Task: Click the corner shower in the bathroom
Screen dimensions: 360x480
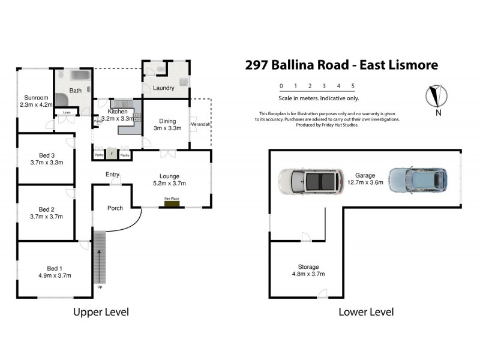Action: [x=62, y=100]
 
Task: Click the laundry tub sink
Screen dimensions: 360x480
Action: [x=184, y=81]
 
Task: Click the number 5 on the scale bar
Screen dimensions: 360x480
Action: [x=353, y=86]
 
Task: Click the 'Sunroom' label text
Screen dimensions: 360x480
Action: [x=35, y=97]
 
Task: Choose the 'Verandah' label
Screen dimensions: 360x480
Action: [x=200, y=125]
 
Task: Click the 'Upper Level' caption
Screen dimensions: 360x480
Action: [x=101, y=312]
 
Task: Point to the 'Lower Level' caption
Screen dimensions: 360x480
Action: [x=366, y=312]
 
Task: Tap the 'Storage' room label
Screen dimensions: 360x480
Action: [x=308, y=266]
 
